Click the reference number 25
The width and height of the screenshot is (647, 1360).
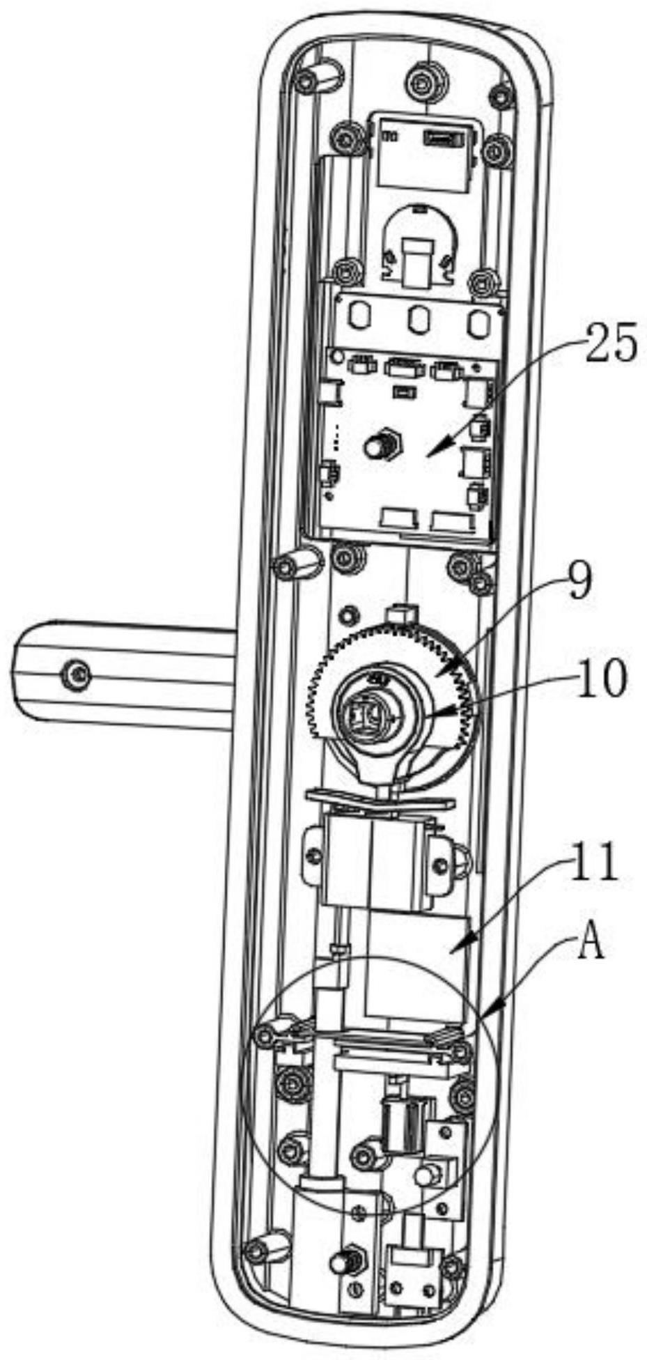tap(610, 343)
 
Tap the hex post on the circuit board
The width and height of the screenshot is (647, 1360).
tap(380, 443)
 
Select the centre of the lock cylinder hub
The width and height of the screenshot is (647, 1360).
tap(366, 714)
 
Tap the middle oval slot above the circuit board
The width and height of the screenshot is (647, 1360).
tap(418, 321)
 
